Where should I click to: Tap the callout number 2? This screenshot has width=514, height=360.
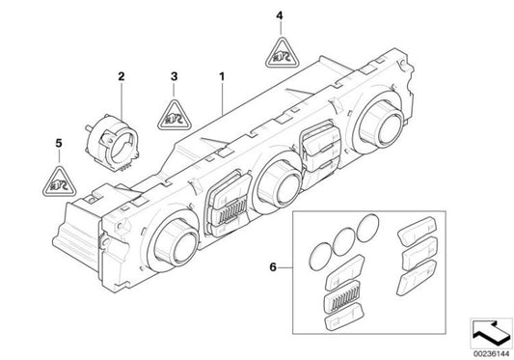pos(122,74)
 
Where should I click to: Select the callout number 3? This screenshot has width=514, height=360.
pos(174,74)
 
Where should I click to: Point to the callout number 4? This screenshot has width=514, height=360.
pos(280,15)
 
